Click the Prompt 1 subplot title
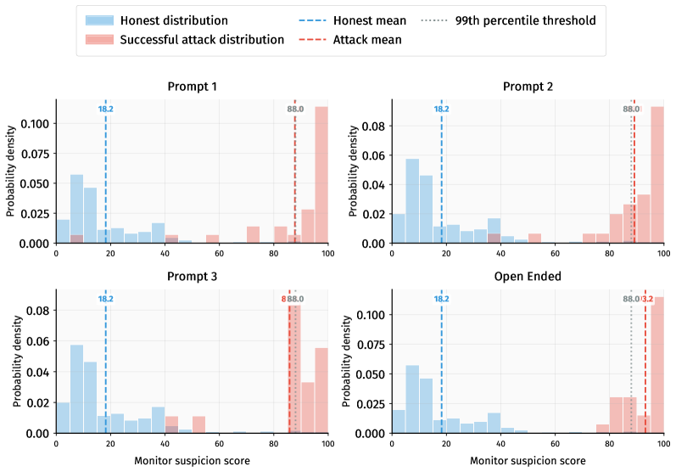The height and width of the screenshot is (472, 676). click(x=192, y=87)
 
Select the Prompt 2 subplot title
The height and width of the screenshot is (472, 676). click(x=528, y=87)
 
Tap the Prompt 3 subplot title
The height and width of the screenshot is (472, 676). click(x=192, y=277)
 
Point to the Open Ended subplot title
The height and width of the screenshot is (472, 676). click(x=528, y=277)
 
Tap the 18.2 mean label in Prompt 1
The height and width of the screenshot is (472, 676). click(x=106, y=109)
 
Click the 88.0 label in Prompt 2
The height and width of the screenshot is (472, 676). click(x=630, y=109)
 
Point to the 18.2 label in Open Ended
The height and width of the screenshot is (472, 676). click(x=441, y=299)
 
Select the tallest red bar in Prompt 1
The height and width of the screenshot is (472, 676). click(x=321, y=175)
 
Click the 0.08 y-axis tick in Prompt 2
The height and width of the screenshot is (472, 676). click(x=375, y=126)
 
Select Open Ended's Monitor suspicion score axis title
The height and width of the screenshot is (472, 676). click(x=528, y=461)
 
